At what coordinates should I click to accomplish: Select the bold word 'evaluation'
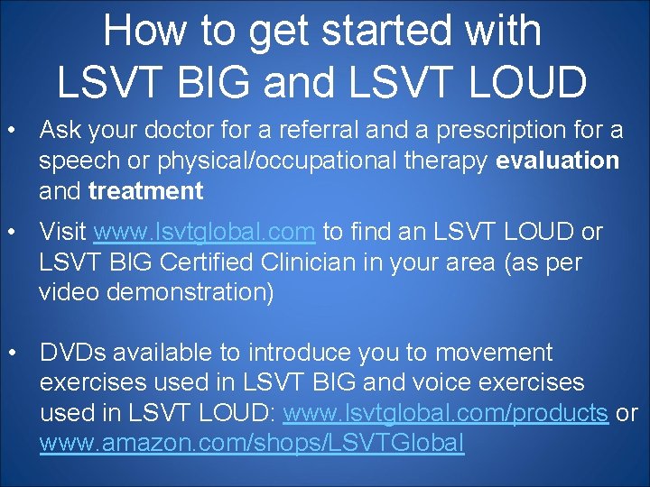(558, 161)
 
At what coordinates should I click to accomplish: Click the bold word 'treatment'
(146, 191)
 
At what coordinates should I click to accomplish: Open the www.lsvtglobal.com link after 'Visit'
(205, 233)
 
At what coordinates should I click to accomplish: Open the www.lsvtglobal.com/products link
(445, 414)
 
